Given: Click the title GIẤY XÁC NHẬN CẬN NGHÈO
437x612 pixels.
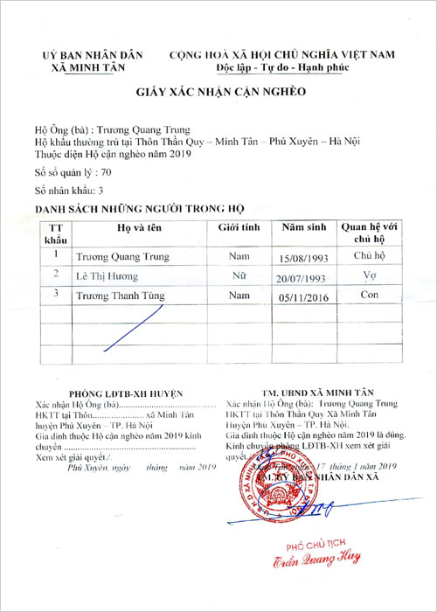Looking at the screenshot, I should (218, 91).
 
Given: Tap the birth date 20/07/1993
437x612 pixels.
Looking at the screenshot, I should (301, 278).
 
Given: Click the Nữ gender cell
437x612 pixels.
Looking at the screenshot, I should (233, 275).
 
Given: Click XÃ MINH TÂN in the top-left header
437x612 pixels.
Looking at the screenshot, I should (88, 67).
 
